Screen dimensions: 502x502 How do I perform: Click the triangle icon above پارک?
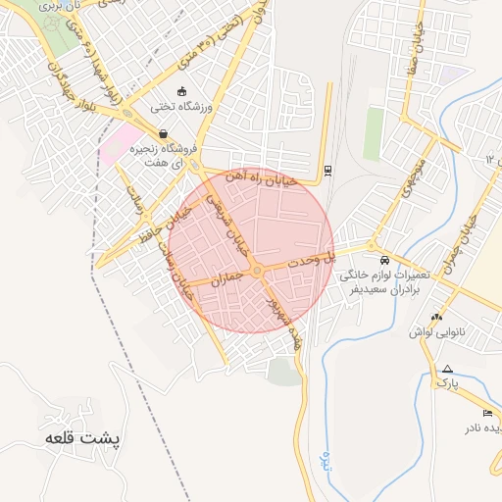pyautogui.click(x=447, y=368)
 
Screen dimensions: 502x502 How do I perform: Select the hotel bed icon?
pyautogui.click(x=487, y=413)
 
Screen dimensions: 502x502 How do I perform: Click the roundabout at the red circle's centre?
pyautogui.click(x=257, y=270)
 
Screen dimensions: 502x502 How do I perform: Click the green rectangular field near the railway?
pyautogui.click(x=374, y=133)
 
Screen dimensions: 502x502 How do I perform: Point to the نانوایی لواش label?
pyautogui.click(x=436, y=331)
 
